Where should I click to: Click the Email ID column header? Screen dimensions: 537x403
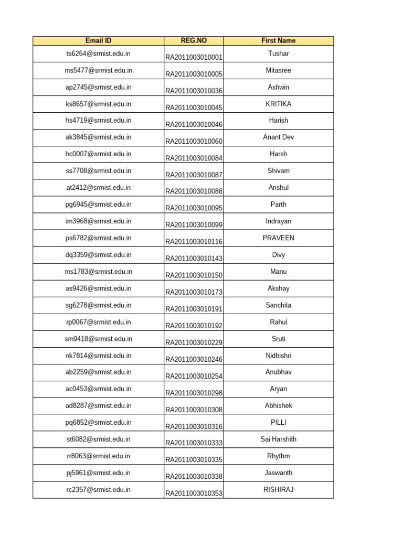[98, 40]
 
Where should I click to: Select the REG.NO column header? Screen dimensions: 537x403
[194, 40]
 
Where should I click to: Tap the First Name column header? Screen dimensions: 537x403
[278, 40]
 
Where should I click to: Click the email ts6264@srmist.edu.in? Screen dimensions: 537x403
[98, 53]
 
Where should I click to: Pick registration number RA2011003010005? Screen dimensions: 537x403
[194, 74]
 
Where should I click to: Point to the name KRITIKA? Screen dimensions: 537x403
[278, 104]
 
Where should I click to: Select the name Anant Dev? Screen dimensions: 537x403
[278, 137]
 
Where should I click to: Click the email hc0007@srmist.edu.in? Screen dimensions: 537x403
[98, 154]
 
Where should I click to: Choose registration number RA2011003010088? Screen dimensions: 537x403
[194, 191]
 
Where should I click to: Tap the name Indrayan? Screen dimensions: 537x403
[278, 221]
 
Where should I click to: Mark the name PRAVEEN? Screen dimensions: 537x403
[278, 238]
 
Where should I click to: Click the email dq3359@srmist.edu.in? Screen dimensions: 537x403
[98, 255]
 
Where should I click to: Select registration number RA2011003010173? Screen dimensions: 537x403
[194, 292]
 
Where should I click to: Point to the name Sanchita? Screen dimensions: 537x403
[278, 305]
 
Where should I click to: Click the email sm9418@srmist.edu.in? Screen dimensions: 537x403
[98, 339]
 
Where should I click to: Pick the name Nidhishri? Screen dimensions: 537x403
[278, 356]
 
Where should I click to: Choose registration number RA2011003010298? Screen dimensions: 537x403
[194, 393]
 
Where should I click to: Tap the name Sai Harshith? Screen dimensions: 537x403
[278, 439]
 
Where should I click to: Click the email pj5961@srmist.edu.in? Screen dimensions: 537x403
[98, 473]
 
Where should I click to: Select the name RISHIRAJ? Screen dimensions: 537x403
[278, 490]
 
